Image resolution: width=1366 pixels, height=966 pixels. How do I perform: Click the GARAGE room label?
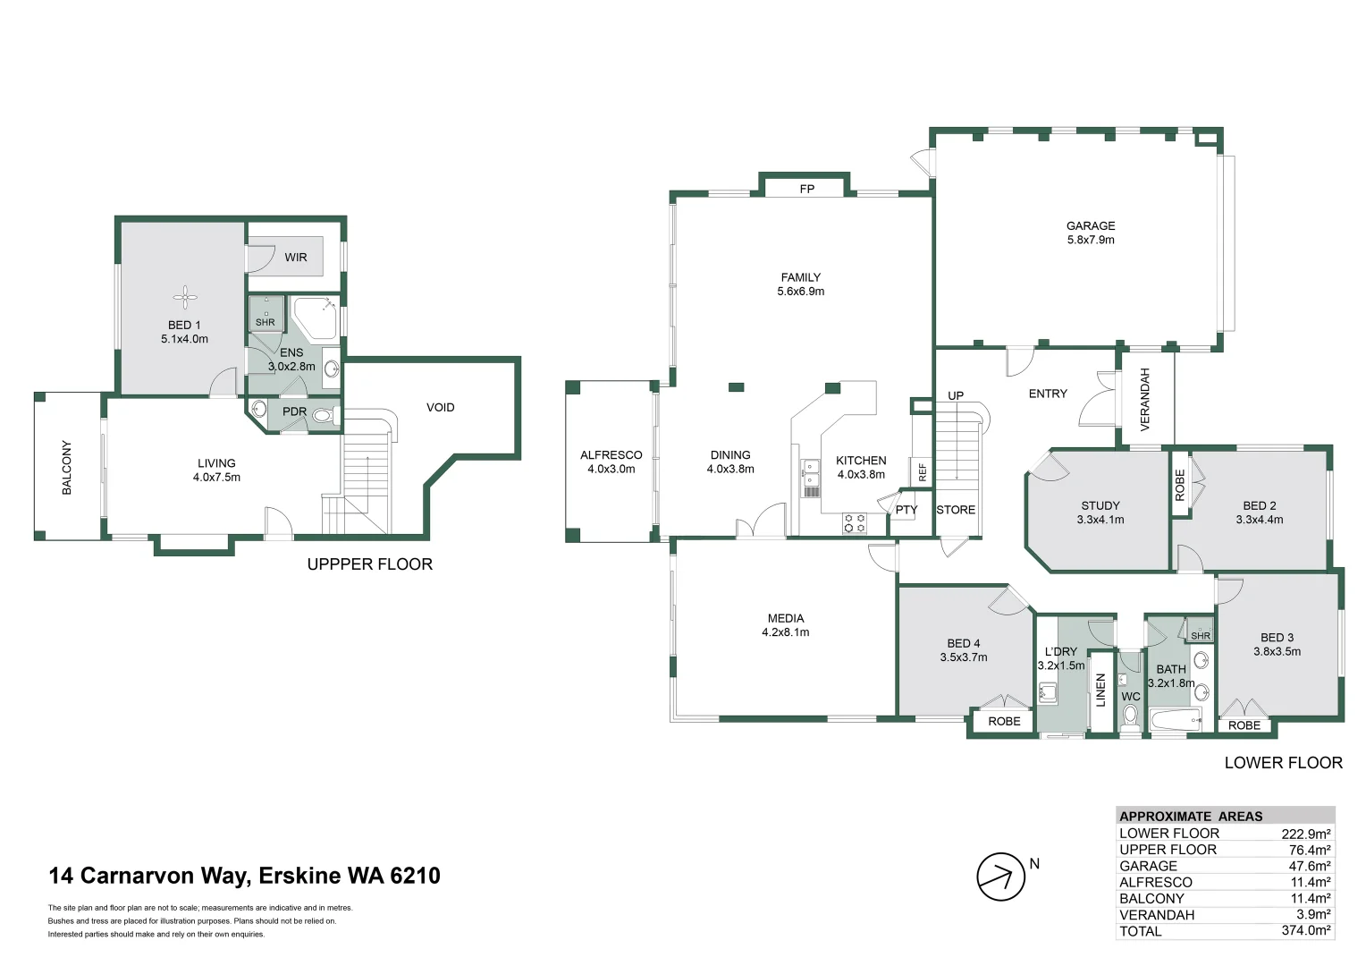pos(1091,225)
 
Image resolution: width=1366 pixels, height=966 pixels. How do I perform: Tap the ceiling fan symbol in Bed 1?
pos(185,298)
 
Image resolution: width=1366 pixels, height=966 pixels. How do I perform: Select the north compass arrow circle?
pos(1000,877)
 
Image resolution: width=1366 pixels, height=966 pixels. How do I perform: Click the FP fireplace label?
pos(806,189)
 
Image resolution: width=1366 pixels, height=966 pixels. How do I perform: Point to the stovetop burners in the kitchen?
pos(855,523)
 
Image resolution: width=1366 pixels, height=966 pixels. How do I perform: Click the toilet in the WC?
pos(1130,716)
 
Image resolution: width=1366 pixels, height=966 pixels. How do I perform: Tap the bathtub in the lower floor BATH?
pos(1175,721)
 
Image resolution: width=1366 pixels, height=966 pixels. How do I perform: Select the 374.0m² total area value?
pos(1305,930)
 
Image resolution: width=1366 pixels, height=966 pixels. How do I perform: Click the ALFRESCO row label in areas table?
pos(1156,882)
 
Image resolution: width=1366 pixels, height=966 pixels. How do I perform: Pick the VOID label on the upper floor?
pos(441,407)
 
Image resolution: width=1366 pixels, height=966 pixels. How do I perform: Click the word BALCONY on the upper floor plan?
pos(66,468)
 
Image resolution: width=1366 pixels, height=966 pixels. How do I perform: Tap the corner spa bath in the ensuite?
pos(315,318)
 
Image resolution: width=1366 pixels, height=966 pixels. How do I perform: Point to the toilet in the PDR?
pos(325,416)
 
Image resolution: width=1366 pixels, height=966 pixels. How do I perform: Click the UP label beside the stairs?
pos(956,395)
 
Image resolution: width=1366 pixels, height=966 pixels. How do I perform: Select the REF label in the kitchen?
pos(922,471)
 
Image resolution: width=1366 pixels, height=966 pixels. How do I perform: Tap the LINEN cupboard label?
pos(1100,690)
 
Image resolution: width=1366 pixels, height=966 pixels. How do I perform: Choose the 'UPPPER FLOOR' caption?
pos(369,563)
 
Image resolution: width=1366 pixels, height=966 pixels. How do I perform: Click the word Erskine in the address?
pos(299,875)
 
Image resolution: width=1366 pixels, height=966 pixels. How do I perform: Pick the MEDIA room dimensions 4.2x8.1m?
pos(786,632)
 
